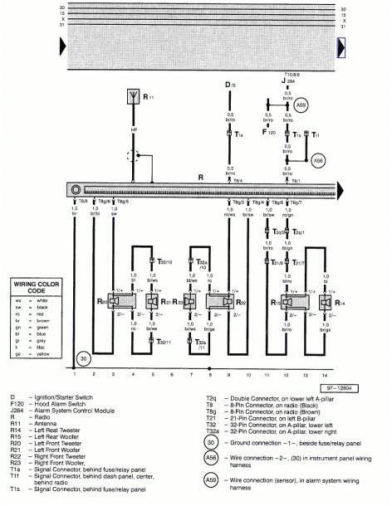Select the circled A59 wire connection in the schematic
[301, 106]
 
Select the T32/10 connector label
[164, 261]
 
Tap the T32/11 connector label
[164, 342]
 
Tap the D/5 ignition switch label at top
[231, 85]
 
